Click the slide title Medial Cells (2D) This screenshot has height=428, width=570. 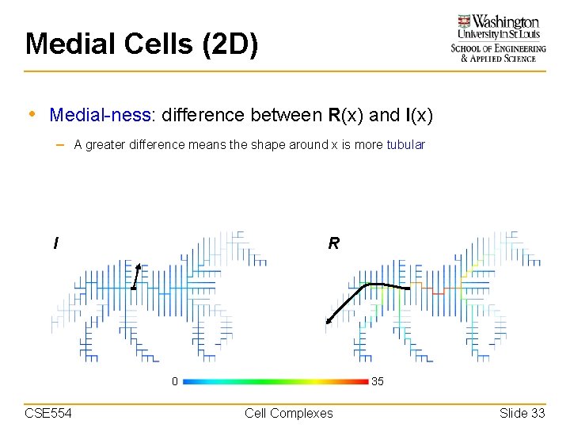142,44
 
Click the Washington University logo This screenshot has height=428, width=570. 498,37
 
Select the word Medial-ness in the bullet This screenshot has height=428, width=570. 101,115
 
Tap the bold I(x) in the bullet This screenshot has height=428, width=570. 419,115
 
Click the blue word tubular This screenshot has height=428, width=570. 405,145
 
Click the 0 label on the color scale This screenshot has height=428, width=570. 175,381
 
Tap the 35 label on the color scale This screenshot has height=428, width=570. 378,381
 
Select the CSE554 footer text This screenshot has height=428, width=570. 47,413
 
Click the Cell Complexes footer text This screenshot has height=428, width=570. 289,413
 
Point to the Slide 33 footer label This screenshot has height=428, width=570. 522,413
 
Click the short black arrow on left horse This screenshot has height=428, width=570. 136,277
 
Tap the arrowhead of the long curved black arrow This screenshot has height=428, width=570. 328,321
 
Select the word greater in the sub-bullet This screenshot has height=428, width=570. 108,145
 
